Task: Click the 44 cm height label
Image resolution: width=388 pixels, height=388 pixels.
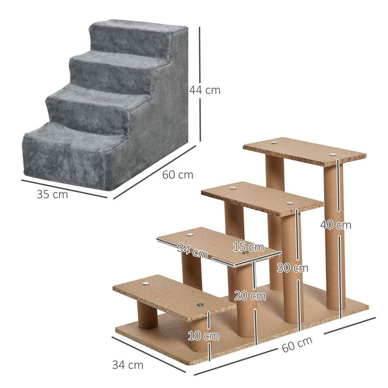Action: tap(205, 90)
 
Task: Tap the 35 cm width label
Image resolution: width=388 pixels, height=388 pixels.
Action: tap(52, 194)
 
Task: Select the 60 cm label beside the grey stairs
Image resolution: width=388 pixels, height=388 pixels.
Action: tap(178, 175)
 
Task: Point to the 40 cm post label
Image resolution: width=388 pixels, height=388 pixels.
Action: tap(336, 225)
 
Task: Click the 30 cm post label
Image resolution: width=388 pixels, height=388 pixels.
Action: tap(292, 268)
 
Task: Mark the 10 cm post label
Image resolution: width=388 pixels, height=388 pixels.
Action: tap(203, 336)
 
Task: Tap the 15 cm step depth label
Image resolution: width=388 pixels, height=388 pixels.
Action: tap(248, 247)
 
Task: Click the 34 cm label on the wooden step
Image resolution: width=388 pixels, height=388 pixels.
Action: tap(192, 251)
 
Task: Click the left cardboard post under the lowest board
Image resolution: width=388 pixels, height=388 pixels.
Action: tap(147, 316)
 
